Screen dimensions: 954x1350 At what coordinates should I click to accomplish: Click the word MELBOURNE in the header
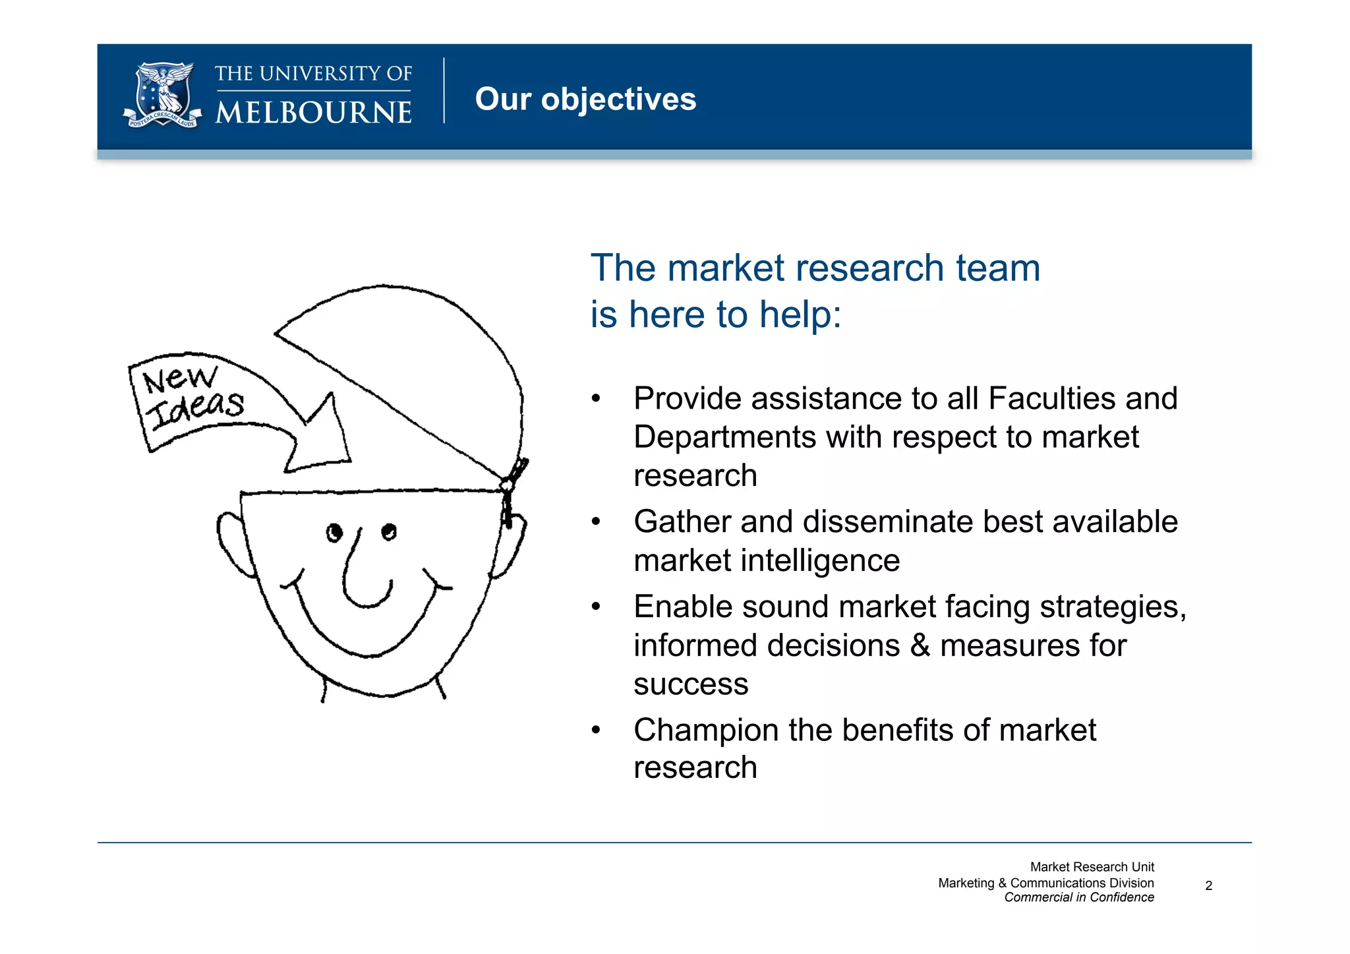pos(314,112)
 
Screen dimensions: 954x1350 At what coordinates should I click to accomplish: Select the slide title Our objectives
pos(585,100)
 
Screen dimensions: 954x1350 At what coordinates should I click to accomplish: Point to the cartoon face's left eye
pos(335,532)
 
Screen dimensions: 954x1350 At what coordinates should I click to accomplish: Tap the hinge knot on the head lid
pos(509,487)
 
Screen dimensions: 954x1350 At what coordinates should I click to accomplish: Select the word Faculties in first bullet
pos(1049,399)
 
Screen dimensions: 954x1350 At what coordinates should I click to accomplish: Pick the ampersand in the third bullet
pos(920,645)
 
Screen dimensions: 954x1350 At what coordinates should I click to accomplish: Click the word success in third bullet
pos(691,684)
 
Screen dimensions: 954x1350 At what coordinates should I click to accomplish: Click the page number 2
pos(1208,885)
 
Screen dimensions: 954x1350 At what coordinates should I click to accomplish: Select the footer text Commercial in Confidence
pos(1078,897)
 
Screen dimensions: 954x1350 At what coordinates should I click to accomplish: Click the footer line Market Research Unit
pos(1092,867)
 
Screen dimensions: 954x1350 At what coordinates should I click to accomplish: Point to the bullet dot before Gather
pos(596,522)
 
